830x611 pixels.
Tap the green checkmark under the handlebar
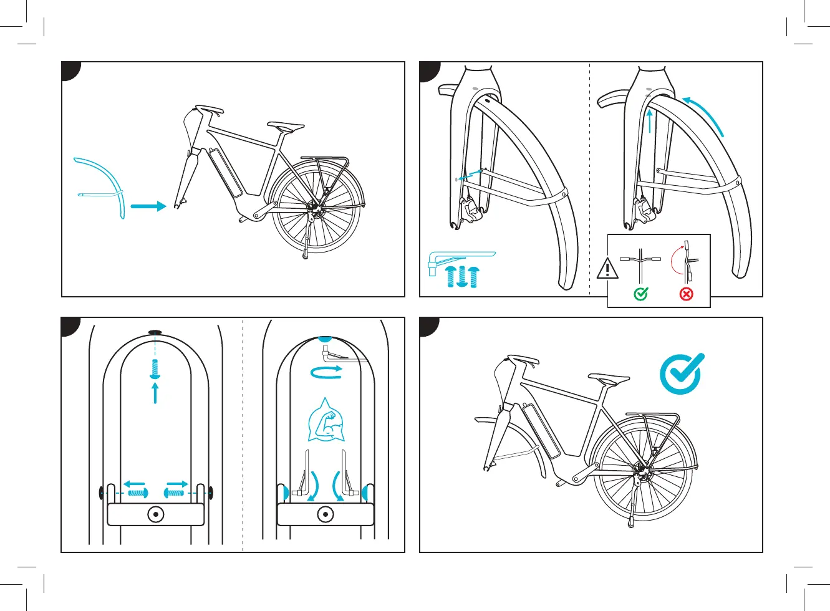[641, 294]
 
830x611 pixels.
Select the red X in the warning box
[686, 294]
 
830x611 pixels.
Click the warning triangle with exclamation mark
[607, 269]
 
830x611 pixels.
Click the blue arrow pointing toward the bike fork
[148, 206]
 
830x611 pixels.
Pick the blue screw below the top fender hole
[155, 368]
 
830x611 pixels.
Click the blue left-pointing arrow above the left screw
[134, 483]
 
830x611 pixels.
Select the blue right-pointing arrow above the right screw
[176, 483]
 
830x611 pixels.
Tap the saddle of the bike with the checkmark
[609, 378]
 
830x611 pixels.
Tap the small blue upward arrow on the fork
[650, 122]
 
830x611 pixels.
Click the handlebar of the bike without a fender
[210, 110]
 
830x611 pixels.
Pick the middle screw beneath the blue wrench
[462, 276]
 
